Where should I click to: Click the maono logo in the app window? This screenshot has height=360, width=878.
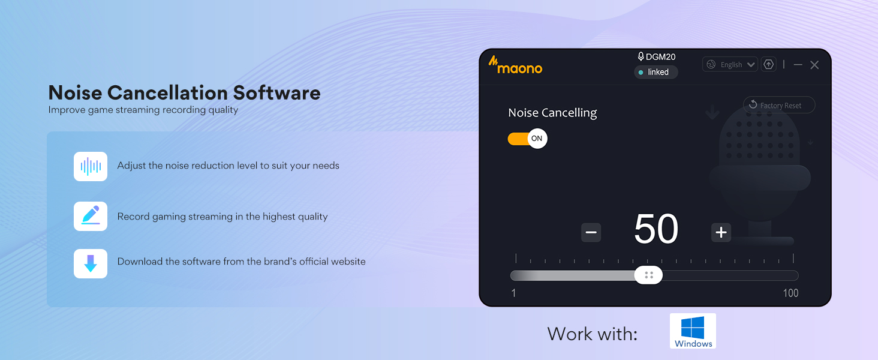(x=515, y=65)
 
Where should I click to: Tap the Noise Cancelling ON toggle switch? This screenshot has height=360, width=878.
(x=527, y=139)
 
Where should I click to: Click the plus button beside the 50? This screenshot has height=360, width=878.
(x=721, y=232)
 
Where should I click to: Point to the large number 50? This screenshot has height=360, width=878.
(x=656, y=229)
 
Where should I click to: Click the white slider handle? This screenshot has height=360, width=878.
(x=648, y=275)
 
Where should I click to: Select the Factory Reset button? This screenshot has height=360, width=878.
(x=779, y=105)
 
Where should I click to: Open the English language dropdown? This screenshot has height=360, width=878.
(x=730, y=64)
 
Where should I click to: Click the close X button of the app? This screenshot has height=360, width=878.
(x=814, y=65)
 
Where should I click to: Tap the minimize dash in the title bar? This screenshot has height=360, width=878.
(x=798, y=65)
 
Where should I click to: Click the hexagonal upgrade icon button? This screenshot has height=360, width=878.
(x=768, y=64)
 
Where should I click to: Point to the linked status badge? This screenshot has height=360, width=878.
(x=656, y=72)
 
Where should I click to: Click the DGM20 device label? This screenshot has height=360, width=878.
(x=657, y=57)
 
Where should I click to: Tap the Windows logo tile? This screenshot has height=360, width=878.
(x=693, y=331)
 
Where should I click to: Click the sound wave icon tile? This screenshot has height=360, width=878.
(x=91, y=166)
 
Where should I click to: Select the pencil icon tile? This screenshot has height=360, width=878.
(x=91, y=216)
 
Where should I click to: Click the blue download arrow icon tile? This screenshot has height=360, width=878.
(x=91, y=263)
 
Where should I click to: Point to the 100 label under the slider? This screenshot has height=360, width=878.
(x=790, y=293)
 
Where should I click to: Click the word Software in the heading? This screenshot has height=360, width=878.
(x=276, y=93)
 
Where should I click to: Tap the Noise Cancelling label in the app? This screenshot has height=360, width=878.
(x=552, y=113)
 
